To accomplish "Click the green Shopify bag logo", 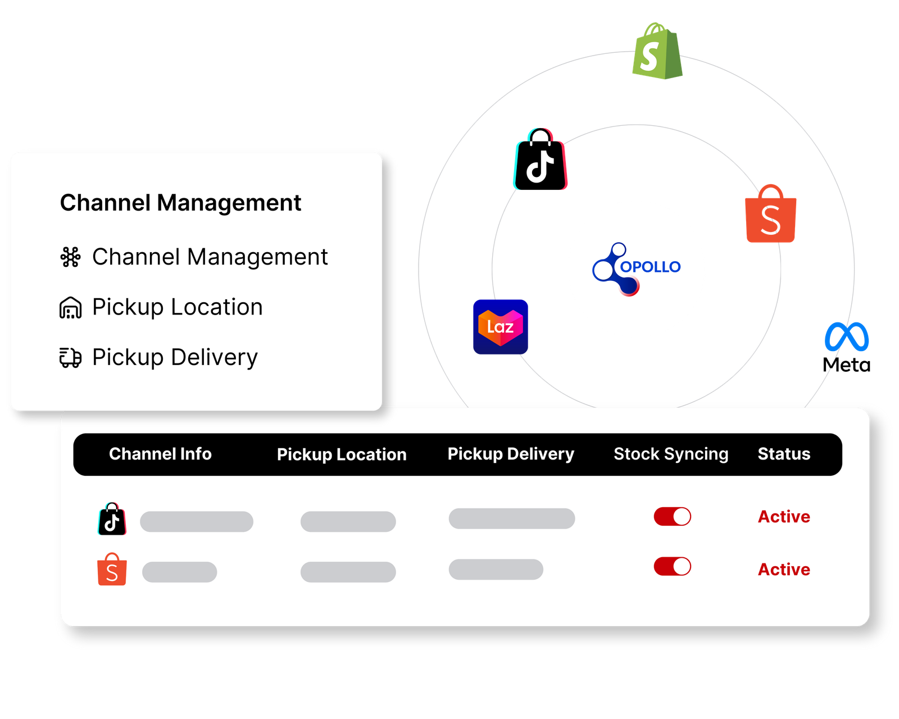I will pos(657,52).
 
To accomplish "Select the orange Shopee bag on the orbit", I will pos(771,214).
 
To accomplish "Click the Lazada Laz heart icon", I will pos(500,327).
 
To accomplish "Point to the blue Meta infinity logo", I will pos(847,336).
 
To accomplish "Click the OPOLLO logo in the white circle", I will pos(636,269).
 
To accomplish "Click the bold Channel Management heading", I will pos(180,203).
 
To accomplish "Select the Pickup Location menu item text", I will pos(177,307).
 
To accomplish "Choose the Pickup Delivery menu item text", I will pos(175,357).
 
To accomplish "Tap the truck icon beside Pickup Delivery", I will pos(70,358).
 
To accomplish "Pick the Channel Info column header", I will pos(160,454).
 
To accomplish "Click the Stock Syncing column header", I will pos(671,454).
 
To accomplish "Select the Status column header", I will pos(784,454).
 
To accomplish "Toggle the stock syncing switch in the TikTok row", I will pos(672,516).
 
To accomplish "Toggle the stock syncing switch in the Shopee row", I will pos(672,566).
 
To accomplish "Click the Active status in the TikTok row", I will pos(784,517).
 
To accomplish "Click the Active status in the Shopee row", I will pos(784,570).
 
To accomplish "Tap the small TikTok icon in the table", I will pos(112,519).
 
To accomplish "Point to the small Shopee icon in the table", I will pos(112,570).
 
